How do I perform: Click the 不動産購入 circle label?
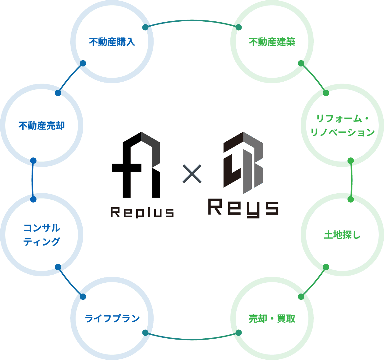[112, 42]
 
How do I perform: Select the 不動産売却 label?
[41, 126]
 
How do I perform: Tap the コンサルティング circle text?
[41, 235]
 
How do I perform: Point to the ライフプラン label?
[112, 318]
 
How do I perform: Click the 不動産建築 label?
[272, 42]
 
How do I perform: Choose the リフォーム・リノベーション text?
[342, 125]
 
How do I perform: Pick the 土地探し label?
[342, 235]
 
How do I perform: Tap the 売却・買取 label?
[272, 318]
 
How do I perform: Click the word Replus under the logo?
[142, 212]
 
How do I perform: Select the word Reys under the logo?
[243, 208]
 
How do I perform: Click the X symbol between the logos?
[192, 174]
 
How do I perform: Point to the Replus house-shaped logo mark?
[136, 165]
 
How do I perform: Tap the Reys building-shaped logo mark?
[243, 162]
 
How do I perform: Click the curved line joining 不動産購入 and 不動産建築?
[192, 21]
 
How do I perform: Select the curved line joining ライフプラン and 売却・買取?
[192, 339]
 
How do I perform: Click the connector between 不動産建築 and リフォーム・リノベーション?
[314, 78]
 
